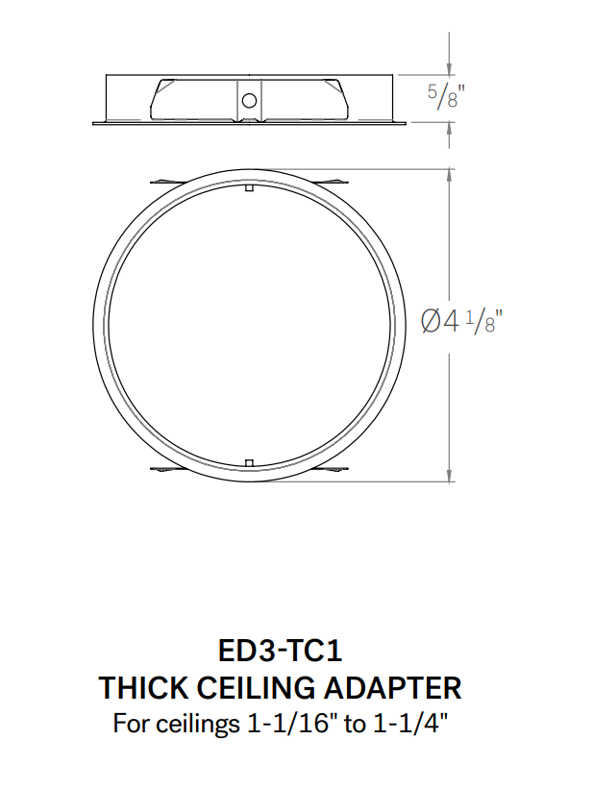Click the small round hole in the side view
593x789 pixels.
pyautogui.click(x=249, y=100)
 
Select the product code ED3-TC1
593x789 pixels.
pyautogui.click(x=281, y=652)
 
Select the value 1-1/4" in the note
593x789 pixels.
pyautogui.click(x=409, y=723)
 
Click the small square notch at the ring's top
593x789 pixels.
pyautogui.click(x=249, y=188)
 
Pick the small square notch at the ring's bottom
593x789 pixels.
pyautogui.click(x=249, y=464)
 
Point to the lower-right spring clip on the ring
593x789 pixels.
pyautogui.click(x=332, y=470)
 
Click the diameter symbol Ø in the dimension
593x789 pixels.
pyautogui.click(x=432, y=321)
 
